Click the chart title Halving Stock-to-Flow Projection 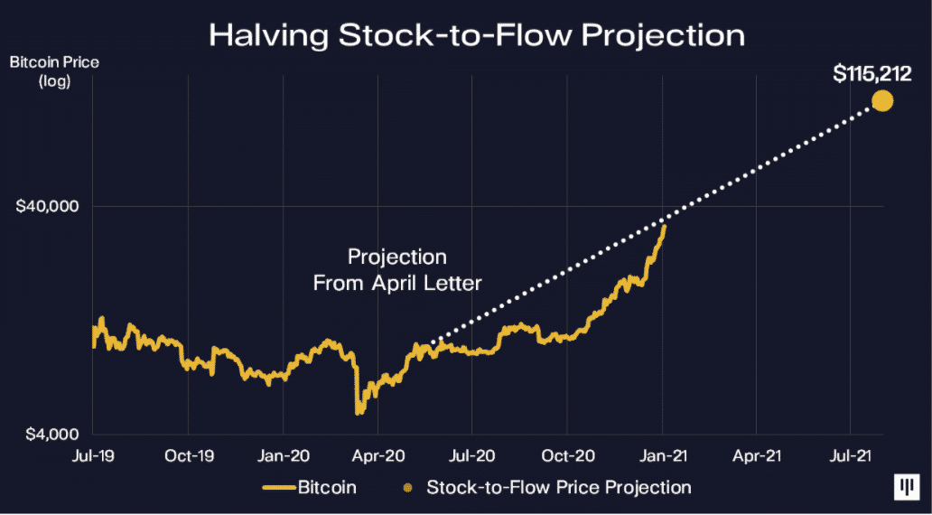tap(477, 35)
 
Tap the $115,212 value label tap(873, 73)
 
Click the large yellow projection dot tap(881, 100)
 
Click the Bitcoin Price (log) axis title tap(43, 72)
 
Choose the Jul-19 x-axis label tap(93, 456)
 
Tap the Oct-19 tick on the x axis tap(188, 456)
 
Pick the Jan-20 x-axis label tap(283, 456)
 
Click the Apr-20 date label tap(377, 456)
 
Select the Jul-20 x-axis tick tap(471, 456)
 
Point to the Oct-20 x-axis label tap(566, 456)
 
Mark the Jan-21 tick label tap(661, 456)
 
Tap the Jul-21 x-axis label tap(849, 456)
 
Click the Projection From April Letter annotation tap(397, 270)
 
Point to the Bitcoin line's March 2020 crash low tap(359, 411)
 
